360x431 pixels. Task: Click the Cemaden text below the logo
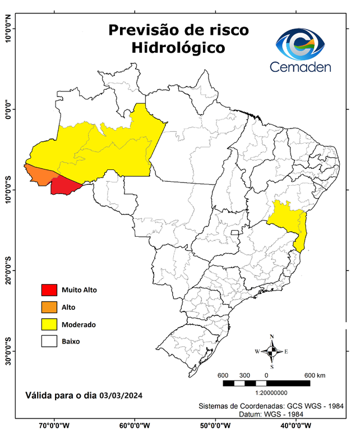[301, 67]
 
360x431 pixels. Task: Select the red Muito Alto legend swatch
[50, 290]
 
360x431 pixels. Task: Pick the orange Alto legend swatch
[50, 307]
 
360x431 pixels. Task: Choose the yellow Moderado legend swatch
[50, 324]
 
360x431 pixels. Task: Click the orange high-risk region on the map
[41, 175]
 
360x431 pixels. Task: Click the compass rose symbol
[272, 352]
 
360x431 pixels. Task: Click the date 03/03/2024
[121, 396]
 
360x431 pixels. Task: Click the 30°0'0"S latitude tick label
[8, 351]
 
